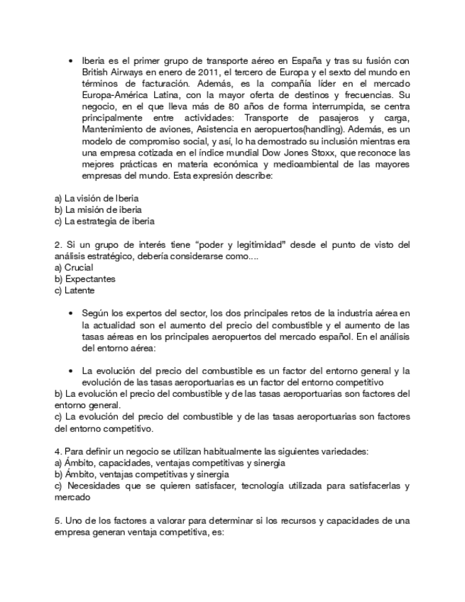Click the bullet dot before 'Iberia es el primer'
pyautogui.click(x=71, y=61)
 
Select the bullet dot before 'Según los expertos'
pyautogui.click(x=71, y=313)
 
